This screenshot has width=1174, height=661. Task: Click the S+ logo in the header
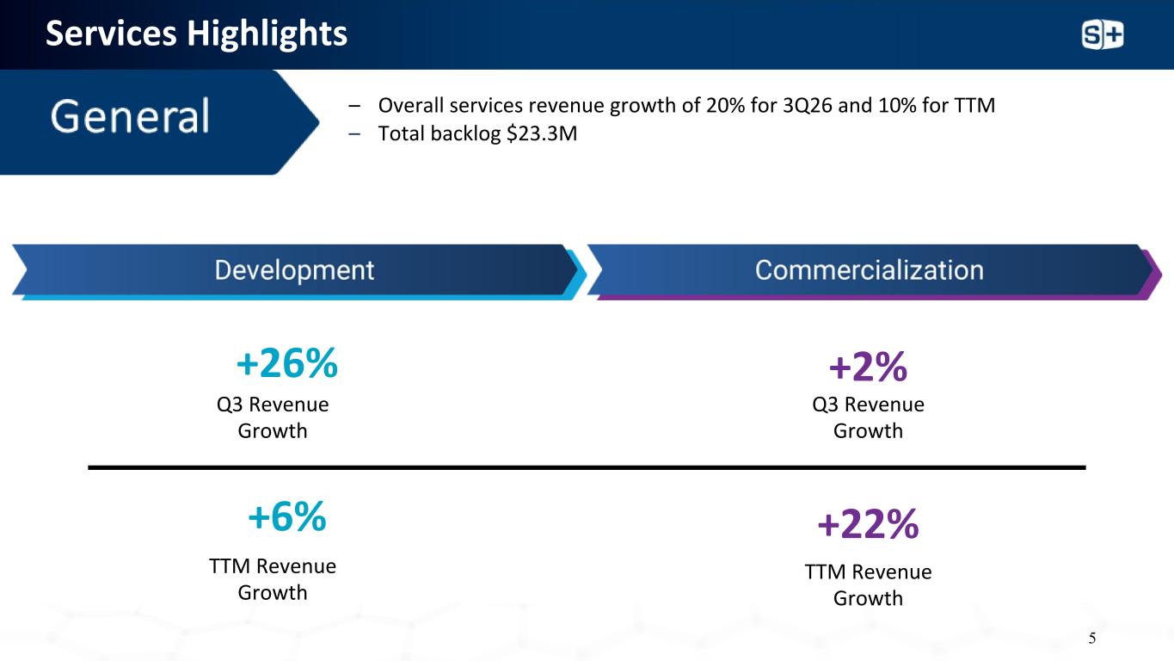[x=1103, y=35]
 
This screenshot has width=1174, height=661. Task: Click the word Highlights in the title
[x=267, y=34]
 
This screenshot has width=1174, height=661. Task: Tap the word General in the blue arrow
[x=130, y=116]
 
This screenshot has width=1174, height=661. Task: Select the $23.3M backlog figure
[x=542, y=133]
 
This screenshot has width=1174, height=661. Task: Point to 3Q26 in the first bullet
[x=807, y=106]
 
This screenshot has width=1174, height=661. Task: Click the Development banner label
[x=294, y=271]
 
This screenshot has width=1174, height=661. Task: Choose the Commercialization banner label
[x=869, y=270]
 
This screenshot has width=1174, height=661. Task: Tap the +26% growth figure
[x=287, y=362]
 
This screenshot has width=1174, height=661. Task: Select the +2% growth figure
[x=868, y=366]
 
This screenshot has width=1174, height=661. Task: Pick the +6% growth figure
[x=287, y=516]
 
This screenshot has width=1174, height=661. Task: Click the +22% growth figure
[x=868, y=523]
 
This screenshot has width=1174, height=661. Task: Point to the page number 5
[x=1092, y=638]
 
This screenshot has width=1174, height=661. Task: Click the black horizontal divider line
[x=587, y=466]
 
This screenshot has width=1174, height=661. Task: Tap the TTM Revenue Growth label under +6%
[x=273, y=579]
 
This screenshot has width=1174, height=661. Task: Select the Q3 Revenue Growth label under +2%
[x=868, y=417]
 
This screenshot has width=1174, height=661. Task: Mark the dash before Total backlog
[x=354, y=134]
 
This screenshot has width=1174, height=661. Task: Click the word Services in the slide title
[x=111, y=34]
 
